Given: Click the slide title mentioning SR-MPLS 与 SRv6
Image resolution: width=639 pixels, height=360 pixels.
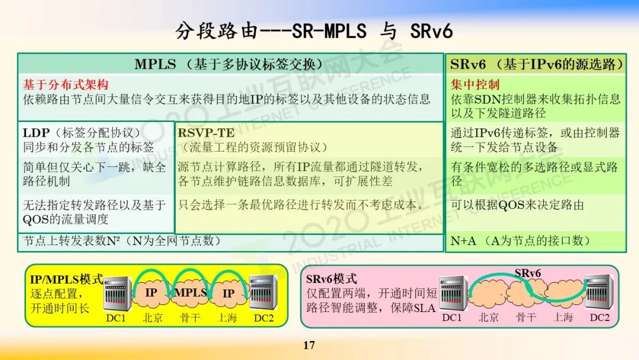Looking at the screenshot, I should (x=314, y=31).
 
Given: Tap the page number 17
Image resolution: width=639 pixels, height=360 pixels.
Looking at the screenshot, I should (x=309, y=345).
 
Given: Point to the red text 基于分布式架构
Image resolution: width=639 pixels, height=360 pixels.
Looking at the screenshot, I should (x=66, y=85).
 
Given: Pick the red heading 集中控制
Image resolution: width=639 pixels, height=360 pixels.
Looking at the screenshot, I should (x=475, y=85).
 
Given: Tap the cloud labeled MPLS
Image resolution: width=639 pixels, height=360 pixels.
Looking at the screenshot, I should (x=191, y=292).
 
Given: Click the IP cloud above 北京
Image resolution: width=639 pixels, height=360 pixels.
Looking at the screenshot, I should (x=151, y=292).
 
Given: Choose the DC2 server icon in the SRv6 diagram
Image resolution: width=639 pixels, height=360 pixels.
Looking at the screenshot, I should (x=598, y=294).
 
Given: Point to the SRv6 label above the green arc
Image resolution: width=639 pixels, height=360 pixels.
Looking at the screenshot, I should (x=528, y=274).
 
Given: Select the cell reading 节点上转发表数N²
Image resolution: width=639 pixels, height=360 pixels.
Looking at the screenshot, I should (x=122, y=241).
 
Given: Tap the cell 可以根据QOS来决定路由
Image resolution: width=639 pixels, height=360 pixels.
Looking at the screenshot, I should (x=517, y=205).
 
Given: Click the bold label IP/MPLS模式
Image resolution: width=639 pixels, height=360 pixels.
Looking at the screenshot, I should (x=66, y=279).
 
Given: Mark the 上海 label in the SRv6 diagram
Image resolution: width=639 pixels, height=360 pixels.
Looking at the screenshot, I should (x=563, y=317).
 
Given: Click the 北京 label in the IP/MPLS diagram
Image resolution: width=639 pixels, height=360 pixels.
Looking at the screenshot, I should (x=152, y=318).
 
